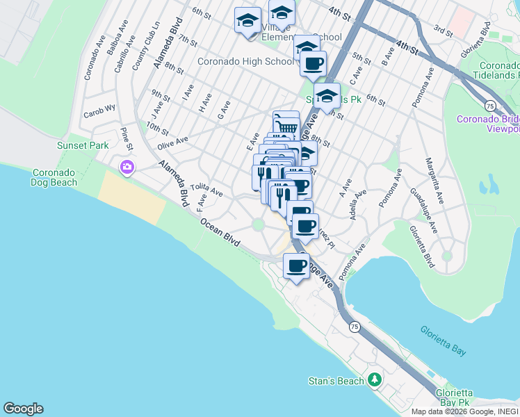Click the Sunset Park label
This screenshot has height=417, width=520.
(x=83, y=146)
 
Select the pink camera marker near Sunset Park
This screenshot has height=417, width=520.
(x=127, y=167)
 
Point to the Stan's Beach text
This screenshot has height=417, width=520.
(x=336, y=381)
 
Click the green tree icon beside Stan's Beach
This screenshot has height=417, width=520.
(x=375, y=379)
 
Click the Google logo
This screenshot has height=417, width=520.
(x=23, y=409)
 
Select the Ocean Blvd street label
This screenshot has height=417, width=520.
(x=220, y=231)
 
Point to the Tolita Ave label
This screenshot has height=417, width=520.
(x=206, y=189)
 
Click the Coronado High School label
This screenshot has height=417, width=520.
(x=245, y=61)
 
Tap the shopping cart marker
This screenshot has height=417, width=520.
(x=286, y=126)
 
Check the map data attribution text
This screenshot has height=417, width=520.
(x=464, y=411)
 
